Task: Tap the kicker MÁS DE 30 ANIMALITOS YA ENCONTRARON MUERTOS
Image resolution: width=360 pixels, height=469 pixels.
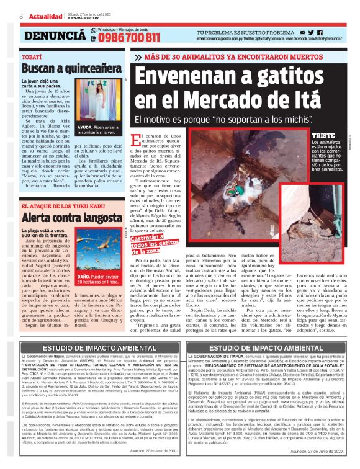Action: pos(240,56)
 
